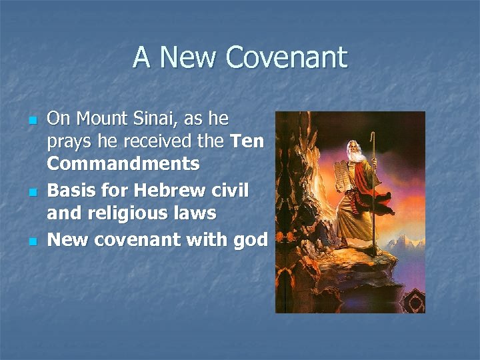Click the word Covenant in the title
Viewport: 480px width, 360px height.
click(x=287, y=57)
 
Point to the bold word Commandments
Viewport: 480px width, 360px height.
click(x=123, y=163)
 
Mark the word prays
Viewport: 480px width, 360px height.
click(x=70, y=143)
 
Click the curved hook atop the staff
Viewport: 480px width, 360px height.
click(x=373, y=138)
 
